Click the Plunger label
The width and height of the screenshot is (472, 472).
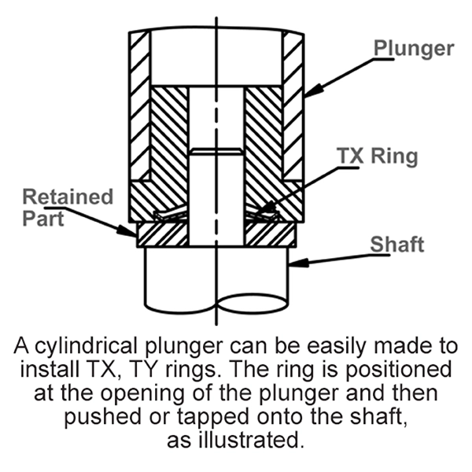pos(412,49)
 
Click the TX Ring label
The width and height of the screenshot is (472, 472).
pos(378,156)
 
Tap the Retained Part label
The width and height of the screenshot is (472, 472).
pos(67,206)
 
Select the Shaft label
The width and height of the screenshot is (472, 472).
pos(397,244)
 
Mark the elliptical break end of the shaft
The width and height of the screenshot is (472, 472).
pos(252,302)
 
